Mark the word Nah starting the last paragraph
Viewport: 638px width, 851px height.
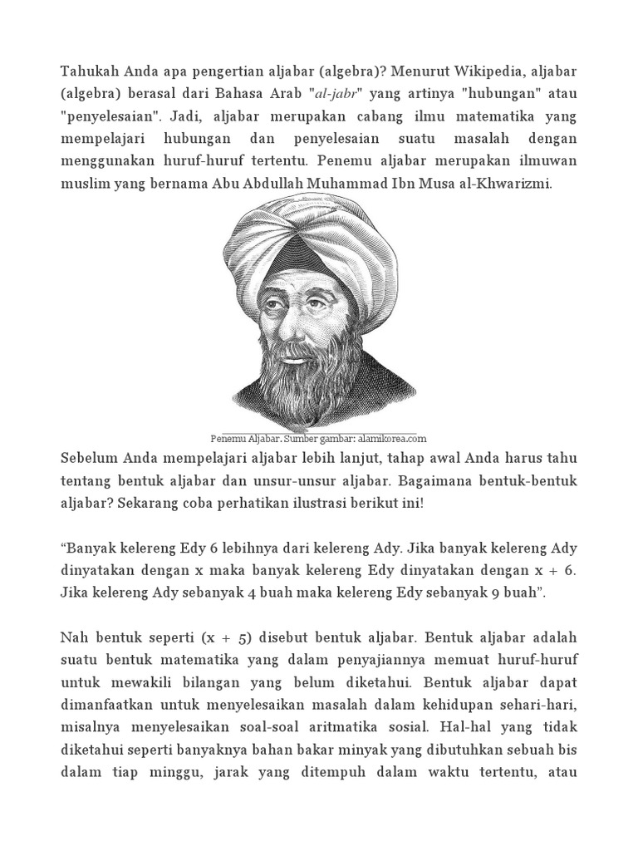[74, 638]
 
